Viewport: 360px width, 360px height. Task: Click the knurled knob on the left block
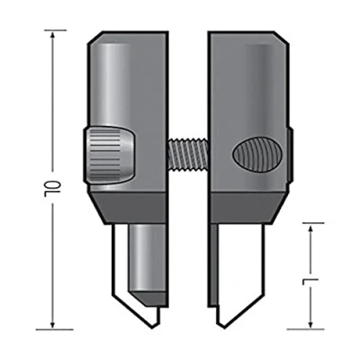point(109,155)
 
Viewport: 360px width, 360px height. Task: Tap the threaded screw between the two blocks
point(188,155)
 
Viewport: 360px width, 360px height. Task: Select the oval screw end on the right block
point(257,154)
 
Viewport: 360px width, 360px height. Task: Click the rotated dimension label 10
point(49,188)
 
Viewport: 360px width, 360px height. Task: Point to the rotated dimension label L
point(307,282)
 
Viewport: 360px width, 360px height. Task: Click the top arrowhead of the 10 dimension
point(53,35)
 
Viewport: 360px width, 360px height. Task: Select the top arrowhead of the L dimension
point(310,228)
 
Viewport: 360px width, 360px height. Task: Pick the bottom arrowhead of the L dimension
point(310,324)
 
